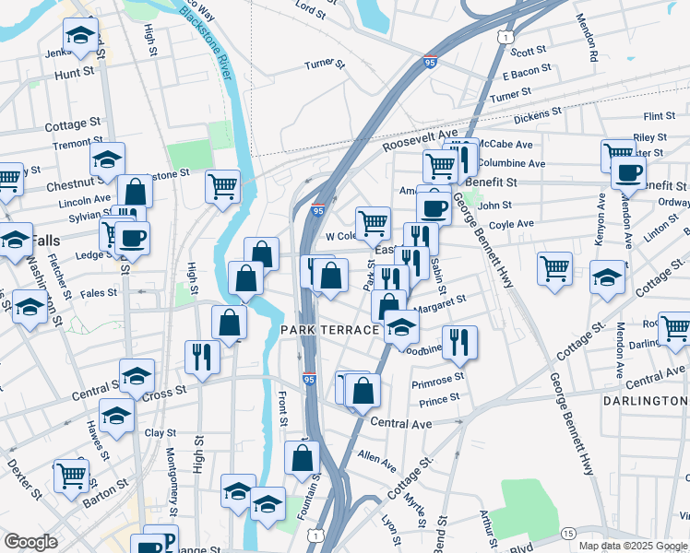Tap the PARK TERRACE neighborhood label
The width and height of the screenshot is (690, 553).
click(x=329, y=330)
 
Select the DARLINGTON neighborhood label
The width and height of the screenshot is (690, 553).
click(x=645, y=401)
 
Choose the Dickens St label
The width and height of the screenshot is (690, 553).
click(x=538, y=114)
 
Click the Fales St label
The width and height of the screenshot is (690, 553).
click(x=99, y=293)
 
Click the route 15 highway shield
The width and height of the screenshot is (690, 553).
click(x=568, y=534)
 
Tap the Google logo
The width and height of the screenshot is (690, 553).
click(x=30, y=541)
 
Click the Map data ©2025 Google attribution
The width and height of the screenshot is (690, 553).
click(x=633, y=546)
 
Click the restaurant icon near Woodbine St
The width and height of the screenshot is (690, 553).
click(x=459, y=341)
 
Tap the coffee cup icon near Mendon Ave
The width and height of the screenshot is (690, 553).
click(x=628, y=171)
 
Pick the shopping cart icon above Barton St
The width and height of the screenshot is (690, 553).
click(x=71, y=475)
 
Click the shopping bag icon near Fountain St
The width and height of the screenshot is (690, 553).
click(x=302, y=456)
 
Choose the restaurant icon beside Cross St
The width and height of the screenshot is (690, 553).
click(x=201, y=356)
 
